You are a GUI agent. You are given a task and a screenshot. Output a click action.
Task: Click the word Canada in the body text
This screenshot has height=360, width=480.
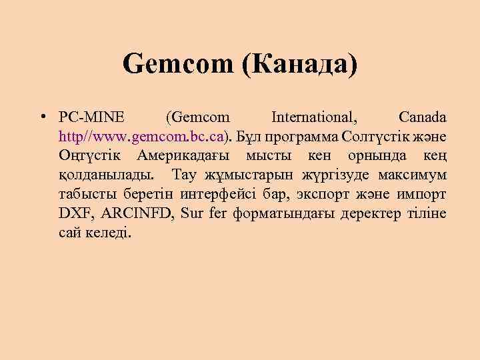pos(423,118)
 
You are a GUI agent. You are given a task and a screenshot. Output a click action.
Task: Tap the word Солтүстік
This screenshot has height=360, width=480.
pos(377,137)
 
